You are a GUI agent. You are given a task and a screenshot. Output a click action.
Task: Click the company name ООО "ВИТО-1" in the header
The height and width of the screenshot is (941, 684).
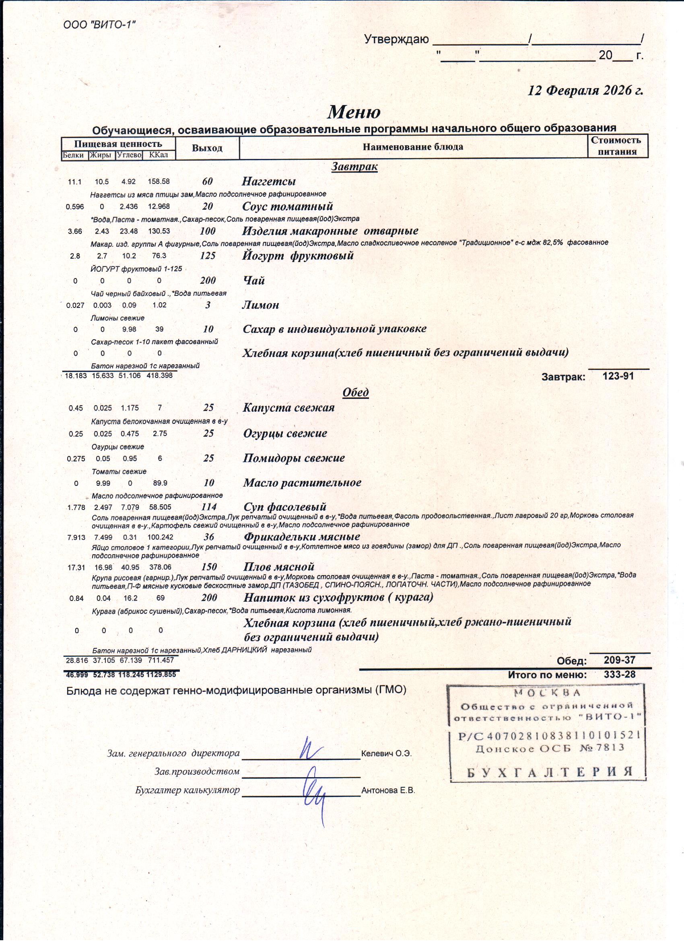(99, 25)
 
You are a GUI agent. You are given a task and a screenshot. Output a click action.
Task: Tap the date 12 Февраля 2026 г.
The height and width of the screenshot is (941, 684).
(585, 91)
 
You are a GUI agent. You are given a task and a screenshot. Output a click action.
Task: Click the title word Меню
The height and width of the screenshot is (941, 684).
(354, 112)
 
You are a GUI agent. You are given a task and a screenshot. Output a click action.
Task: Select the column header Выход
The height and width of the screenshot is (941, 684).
(207, 148)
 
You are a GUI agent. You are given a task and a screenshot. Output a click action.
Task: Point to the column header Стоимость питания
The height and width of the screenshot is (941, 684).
(617, 146)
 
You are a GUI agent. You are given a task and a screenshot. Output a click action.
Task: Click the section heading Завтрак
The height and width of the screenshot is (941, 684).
(354, 167)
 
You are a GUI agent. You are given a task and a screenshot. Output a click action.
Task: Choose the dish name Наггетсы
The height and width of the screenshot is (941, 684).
(269, 181)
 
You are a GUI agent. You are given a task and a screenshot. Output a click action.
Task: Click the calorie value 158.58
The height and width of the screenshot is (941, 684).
(159, 182)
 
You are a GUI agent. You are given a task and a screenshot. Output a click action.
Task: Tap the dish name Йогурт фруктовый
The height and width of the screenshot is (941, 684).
(298, 256)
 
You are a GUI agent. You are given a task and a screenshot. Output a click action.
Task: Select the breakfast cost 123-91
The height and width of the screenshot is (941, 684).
(618, 376)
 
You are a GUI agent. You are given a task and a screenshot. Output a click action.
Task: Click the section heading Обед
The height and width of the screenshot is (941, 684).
(356, 392)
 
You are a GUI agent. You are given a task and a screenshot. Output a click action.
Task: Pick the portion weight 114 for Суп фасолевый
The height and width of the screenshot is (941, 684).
(209, 507)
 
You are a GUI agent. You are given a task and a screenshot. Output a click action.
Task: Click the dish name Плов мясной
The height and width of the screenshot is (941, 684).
(279, 567)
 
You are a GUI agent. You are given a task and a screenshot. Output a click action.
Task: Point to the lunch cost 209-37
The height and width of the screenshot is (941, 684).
(620, 660)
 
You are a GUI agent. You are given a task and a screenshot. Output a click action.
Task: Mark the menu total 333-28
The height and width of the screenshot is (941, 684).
(620, 675)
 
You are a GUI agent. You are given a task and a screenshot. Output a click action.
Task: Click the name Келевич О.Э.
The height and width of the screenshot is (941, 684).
(386, 753)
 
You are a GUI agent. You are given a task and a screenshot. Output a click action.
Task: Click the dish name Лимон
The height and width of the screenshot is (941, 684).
(260, 305)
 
